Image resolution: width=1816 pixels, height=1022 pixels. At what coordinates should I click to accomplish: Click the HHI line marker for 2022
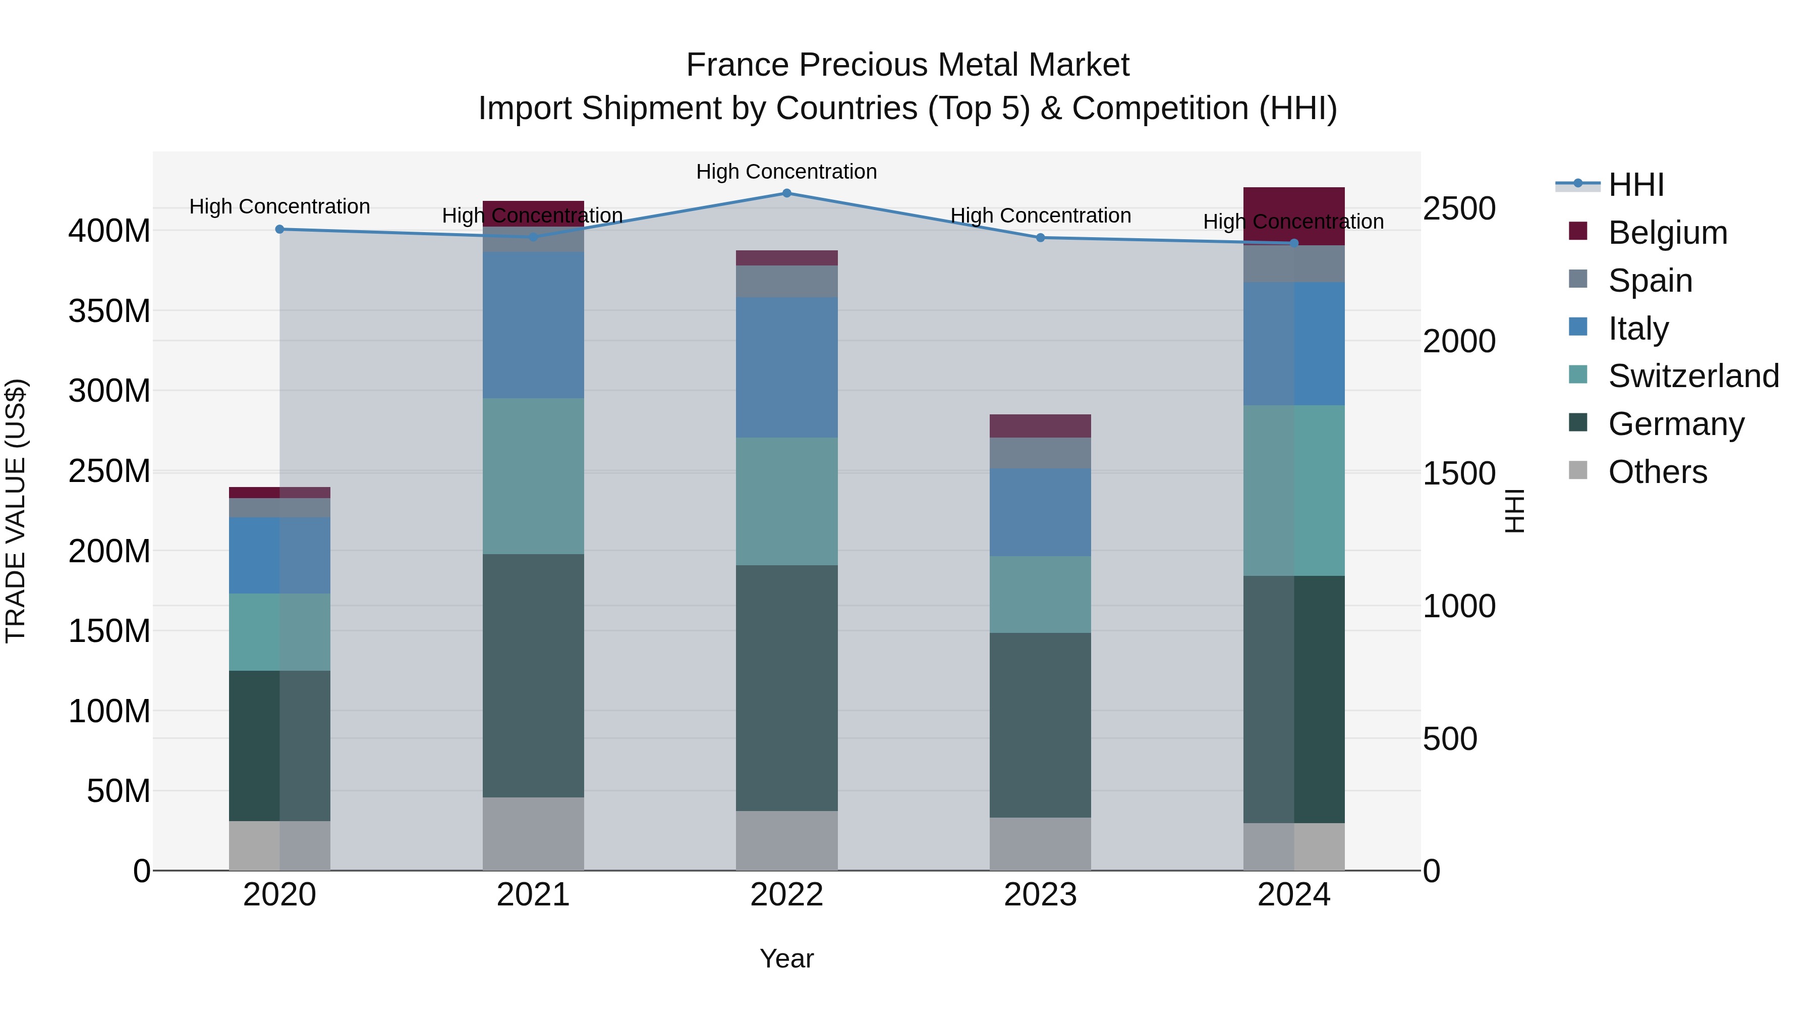(x=787, y=193)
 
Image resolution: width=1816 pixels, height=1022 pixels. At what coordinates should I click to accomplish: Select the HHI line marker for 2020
(x=280, y=229)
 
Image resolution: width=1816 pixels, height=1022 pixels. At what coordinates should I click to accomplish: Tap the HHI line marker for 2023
(x=1041, y=238)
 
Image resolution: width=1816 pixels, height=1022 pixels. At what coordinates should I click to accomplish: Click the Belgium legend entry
(x=1667, y=233)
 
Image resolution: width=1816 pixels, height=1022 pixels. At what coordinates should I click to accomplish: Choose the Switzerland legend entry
(x=1693, y=376)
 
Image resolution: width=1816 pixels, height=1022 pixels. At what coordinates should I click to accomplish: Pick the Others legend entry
(x=1658, y=472)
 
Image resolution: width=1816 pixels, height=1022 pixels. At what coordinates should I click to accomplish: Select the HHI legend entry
(x=1635, y=185)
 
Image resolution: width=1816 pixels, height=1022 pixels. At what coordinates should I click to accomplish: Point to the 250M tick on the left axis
(x=109, y=470)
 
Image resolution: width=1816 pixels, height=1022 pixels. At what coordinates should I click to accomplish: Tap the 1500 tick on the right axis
(x=1458, y=473)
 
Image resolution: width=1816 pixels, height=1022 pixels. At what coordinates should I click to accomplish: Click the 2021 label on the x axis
(x=533, y=895)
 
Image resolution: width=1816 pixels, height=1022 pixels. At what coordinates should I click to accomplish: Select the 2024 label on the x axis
(x=1293, y=895)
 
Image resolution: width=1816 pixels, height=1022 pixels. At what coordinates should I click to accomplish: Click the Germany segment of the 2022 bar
(x=787, y=688)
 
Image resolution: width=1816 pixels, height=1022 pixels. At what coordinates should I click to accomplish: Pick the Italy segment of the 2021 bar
(x=533, y=325)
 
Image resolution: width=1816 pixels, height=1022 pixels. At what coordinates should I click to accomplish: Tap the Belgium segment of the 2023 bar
(x=1041, y=426)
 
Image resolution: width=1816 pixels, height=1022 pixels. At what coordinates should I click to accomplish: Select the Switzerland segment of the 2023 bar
(x=1041, y=595)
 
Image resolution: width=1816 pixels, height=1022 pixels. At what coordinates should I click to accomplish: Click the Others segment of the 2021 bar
(x=533, y=834)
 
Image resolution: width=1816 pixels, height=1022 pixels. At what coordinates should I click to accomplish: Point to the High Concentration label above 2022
(x=787, y=172)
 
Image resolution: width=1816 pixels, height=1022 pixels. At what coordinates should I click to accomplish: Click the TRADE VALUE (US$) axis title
(x=16, y=511)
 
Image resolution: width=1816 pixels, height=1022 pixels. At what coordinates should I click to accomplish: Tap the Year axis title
(x=787, y=958)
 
